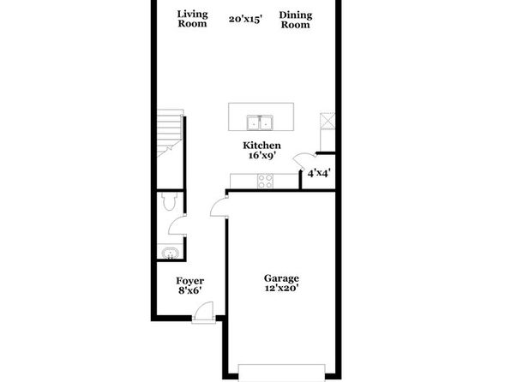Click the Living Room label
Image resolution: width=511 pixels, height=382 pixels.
(192, 19)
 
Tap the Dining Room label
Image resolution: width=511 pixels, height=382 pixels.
(296, 20)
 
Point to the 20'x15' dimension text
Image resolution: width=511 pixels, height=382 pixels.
(245, 20)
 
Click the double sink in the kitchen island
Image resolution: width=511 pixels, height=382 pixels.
(260, 122)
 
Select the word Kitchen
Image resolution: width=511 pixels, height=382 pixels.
(262, 146)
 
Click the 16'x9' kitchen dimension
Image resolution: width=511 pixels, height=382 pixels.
(262, 156)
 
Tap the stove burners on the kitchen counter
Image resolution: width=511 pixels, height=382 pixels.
(265, 181)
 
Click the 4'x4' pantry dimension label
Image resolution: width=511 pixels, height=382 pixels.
(319, 173)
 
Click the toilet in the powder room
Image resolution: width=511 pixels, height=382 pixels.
(169, 201)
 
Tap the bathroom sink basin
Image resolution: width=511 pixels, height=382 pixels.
(170, 253)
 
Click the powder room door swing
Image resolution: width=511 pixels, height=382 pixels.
(175, 225)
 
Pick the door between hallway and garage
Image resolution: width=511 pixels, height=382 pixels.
(218, 207)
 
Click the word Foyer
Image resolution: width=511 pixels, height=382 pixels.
(190, 281)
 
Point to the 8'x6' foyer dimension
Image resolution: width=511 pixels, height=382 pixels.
(189, 290)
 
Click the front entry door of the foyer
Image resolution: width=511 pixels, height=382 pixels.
(203, 313)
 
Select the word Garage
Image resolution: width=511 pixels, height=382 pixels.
(281, 278)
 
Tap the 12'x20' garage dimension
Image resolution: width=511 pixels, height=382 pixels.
(282, 288)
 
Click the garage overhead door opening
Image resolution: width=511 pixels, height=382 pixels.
(282, 373)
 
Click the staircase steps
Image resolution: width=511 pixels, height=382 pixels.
(170, 132)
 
